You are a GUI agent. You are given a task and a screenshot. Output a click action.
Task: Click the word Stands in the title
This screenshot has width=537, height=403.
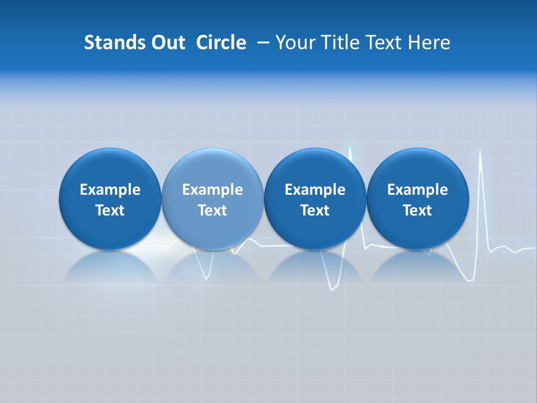[x=108, y=43]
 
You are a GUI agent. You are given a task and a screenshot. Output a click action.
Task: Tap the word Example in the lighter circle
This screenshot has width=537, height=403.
[x=213, y=190]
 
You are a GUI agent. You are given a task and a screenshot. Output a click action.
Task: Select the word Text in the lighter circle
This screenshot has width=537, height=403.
[x=213, y=210]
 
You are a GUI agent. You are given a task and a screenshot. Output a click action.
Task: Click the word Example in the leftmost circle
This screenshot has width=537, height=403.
[x=110, y=190]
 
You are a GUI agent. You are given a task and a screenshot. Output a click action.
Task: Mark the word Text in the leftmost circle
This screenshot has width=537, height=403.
[x=110, y=210]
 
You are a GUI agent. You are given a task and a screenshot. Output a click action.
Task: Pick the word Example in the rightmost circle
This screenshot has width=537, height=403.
[x=417, y=190]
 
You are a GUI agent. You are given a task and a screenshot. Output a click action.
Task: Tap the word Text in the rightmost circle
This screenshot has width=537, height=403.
[x=417, y=210]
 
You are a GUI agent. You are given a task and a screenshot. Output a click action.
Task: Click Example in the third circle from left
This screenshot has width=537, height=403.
[x=315, y=190]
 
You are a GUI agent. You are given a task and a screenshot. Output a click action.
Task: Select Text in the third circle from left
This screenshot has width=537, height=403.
[x=315, y=210]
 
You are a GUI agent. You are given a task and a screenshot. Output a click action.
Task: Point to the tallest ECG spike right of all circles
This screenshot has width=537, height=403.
[x=481, y=152]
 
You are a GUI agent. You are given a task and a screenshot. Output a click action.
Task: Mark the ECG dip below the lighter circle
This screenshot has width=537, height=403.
[x=207, y=277]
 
